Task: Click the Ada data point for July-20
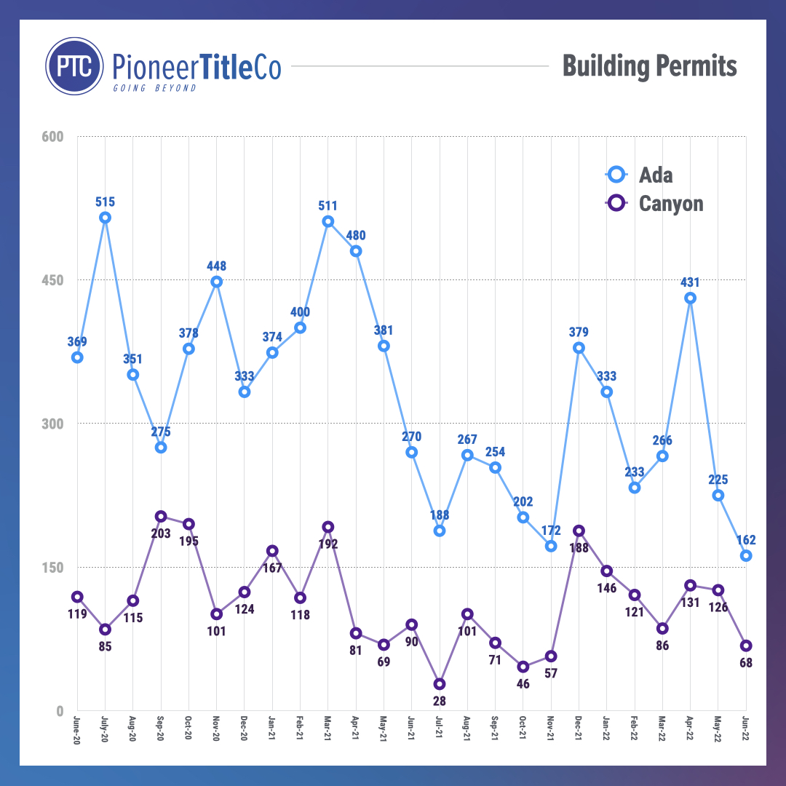tap(105, 218)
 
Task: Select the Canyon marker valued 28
tap(440, 684)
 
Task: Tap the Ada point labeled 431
tap(690, 298)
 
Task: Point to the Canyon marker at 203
tap(161, 517)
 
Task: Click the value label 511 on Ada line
tap(327, 206)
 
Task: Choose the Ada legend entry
tap(640, 175)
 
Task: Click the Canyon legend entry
tap(655, 203)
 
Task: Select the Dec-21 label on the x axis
tap(579, 729)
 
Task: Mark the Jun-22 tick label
tap(746, 729)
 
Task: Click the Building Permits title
tap(649, 66)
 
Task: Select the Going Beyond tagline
tap(154, 88)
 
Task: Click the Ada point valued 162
tap(746, 556)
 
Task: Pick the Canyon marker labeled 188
tap(579, 531)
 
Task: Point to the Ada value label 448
tap(216, 266)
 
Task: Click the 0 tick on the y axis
tap(60, 711)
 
